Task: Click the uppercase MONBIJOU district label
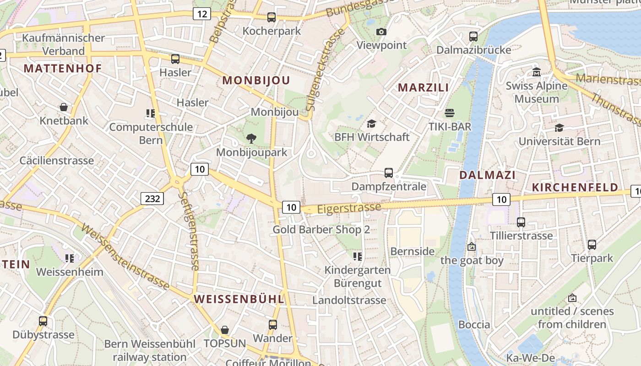point(256,81)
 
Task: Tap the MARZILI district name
point(423,87)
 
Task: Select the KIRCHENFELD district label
point(575,187)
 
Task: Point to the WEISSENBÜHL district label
point(239,299)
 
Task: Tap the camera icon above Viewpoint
point(381,32)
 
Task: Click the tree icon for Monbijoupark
point(251,138)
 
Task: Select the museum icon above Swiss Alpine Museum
point(536,72)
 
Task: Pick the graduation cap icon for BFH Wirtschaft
point(371,124)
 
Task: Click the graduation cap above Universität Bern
point(559,128)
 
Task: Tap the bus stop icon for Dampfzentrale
point(389,173)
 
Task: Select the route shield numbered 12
point(201,14)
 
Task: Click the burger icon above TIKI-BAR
point(450,113)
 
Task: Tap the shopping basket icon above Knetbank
point(64,107)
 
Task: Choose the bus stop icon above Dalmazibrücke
point(473,36)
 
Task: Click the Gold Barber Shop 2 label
point(321,230)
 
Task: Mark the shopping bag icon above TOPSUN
point(224,330)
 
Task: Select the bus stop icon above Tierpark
point(592,245)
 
